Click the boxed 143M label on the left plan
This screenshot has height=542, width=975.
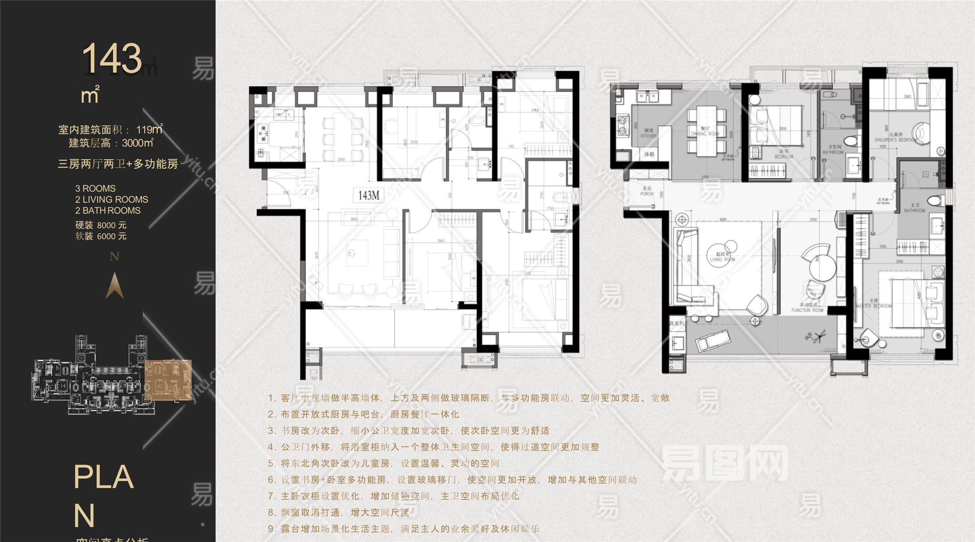pyautogui.click(x=369, y=195)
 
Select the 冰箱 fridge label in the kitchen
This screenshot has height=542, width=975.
pyautogui.click(x=649, y=154)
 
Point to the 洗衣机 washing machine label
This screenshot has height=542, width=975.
pyautogui.click(x=677, y=323)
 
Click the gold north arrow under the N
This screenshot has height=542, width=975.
pyautogui.click(x=114, y=286)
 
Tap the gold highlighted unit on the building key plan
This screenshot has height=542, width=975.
pyautogui.click(x=168, y=380)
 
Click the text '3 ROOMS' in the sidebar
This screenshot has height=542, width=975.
pyautogui.click(x=95, y=189)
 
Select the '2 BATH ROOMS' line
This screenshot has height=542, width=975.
pyautogui.click(x=108, y=211)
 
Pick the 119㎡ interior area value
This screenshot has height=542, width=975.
pyautogui.click(x=149, y=130)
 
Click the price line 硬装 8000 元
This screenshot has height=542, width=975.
pyautogui.click(x=101, y=225)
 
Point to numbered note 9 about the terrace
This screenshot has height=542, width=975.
pyautogui.click(x=403, y=529)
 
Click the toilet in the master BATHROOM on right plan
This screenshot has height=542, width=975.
pyautogui.click(x=935, y=200)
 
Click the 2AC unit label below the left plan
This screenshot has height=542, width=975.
pyautogui.click(x=480, y=360)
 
